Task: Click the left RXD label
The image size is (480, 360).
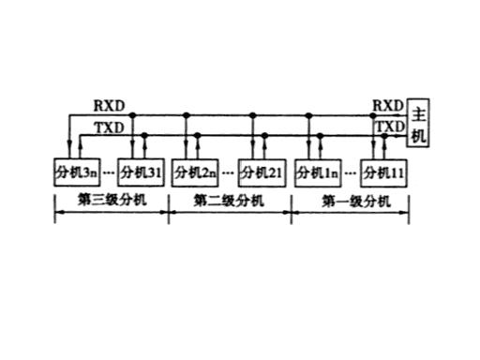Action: click(110, 106)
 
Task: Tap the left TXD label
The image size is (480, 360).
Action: click(110, 127)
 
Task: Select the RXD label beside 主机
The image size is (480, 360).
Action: click(388, 106)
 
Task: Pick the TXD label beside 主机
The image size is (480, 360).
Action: click(390, 127)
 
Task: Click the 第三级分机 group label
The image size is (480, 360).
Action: click(112, 200)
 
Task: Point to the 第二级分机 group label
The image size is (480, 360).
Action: click(229, 201)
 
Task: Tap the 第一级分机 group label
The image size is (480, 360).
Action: click(356, 202)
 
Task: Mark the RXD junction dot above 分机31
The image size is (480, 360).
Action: click(132, 115)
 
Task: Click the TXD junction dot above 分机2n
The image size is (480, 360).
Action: click(198, 135)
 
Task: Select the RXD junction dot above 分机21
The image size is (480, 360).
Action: click(253, 115)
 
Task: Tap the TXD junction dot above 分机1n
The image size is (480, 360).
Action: click(320, 136)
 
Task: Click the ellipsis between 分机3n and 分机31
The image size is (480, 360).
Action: click(109, 172)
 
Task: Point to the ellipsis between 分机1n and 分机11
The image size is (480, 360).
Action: click(351, 172)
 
